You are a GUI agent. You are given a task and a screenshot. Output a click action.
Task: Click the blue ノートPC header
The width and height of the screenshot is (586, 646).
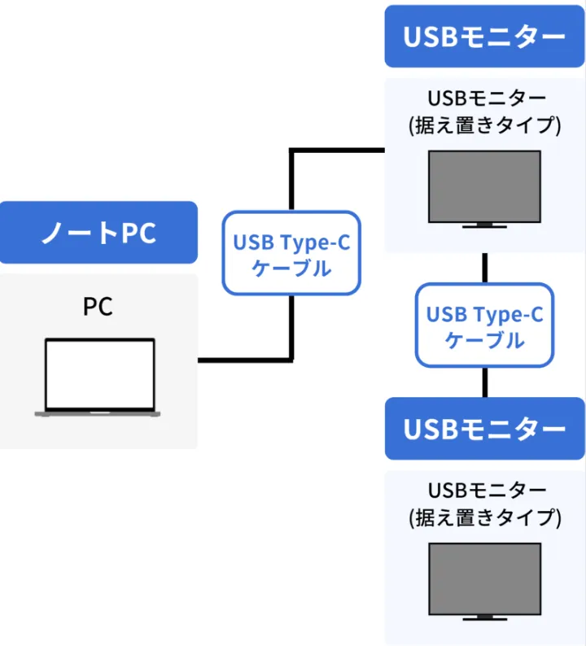[98, 233]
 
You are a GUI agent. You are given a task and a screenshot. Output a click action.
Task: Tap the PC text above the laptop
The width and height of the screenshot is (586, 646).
[98, 307]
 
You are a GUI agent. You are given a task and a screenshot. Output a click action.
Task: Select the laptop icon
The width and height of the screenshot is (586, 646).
[98, 377]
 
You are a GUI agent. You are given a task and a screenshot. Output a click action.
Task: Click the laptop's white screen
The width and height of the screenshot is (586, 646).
[98, 373]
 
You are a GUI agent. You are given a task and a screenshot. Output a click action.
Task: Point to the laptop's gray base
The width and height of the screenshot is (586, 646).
[98, 413]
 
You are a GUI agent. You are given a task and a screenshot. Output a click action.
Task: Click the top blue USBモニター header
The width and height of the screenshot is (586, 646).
[484, 37]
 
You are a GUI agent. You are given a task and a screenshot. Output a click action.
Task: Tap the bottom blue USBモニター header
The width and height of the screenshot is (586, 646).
[484, 428]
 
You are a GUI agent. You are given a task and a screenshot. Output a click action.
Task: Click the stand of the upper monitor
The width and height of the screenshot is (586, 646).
[484, 225]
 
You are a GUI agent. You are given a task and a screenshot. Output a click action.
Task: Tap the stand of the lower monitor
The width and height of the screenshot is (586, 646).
[484, 617]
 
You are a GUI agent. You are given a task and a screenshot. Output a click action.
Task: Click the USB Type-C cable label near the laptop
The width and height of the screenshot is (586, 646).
[291, 254]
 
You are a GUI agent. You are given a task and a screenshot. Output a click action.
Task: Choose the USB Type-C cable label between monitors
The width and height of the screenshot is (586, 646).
[484, 325]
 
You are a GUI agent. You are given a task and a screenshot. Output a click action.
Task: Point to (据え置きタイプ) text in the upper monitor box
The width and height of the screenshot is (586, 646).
[484, 126]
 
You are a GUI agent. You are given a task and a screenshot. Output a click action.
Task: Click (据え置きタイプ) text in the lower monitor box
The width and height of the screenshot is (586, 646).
[484, 517]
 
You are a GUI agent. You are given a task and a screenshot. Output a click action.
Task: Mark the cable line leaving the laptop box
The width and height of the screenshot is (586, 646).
[236, 359]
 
